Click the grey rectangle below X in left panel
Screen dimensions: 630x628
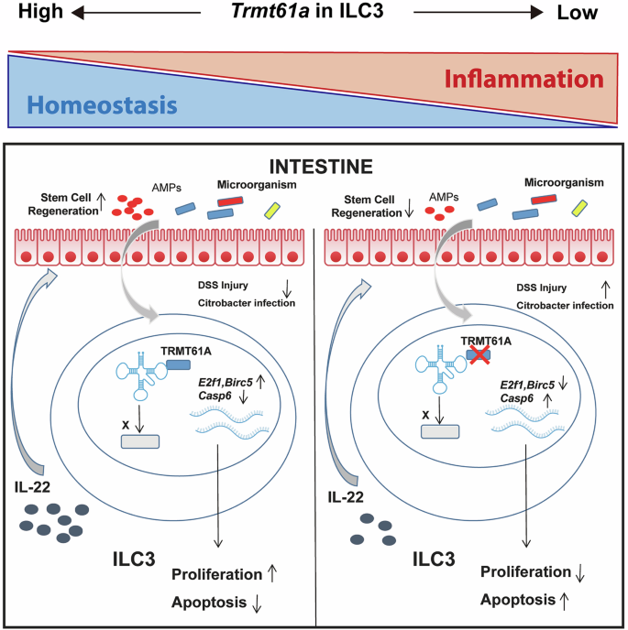tap(141, 440)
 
